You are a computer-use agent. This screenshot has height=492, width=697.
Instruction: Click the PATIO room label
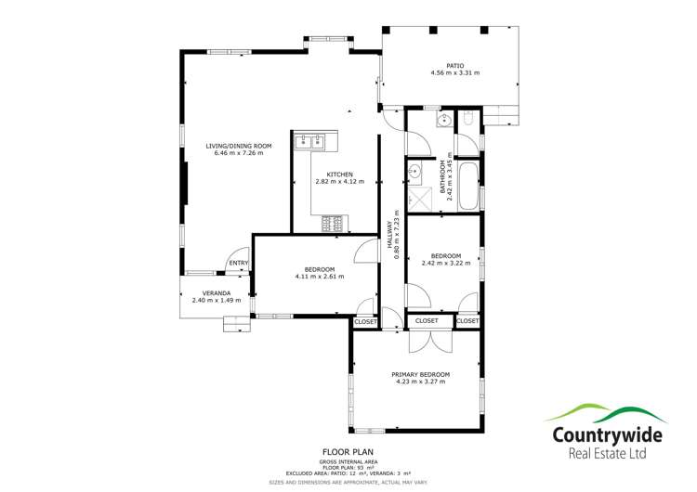[454, 65]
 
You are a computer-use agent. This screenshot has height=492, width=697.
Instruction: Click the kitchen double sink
[309, 142]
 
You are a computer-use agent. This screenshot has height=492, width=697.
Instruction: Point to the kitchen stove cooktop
[332, 224]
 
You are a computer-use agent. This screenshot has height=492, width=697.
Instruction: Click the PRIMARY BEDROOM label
[421, 373]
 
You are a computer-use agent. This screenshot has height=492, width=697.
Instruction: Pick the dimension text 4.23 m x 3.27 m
[421, 381]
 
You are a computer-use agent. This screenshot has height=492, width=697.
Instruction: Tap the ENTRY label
[239, 263]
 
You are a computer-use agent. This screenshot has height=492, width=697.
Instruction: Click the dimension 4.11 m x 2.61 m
[319, 277]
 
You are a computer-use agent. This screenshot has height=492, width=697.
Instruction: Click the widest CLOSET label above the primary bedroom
[427, 320]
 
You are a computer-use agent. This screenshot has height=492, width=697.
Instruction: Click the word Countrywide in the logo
[608, 434]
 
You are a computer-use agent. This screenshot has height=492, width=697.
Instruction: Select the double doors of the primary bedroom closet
[427, 339]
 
